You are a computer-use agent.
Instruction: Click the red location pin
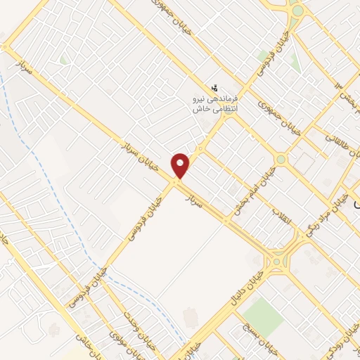(x=181, y=165)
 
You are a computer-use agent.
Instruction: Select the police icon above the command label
(x=214, y=87)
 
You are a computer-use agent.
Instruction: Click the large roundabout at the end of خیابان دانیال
(x=281, y=259)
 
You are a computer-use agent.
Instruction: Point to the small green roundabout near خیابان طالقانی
(x=281, y=160)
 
